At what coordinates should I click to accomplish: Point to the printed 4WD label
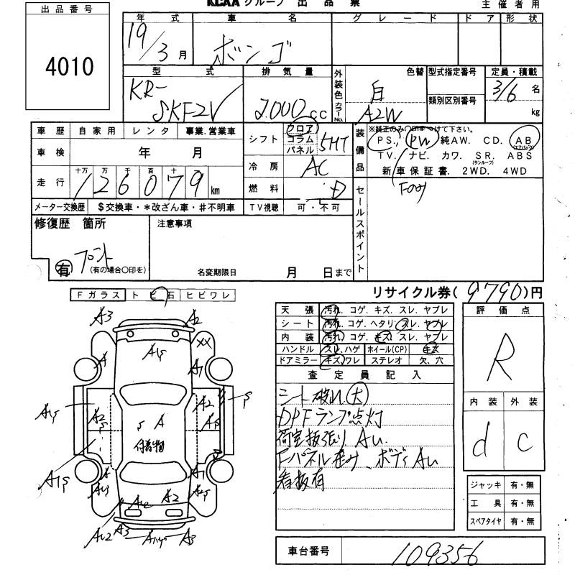coord(519,170)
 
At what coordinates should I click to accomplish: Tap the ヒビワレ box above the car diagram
coord(209,295)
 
